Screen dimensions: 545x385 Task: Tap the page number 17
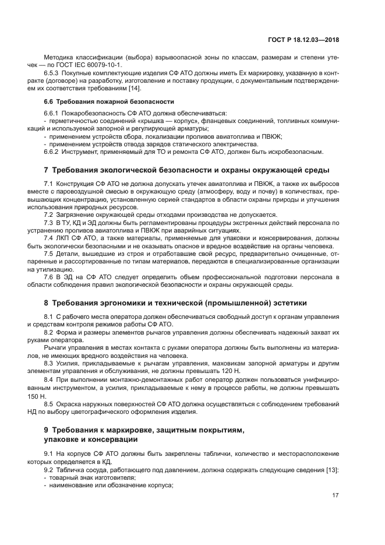point(335,495)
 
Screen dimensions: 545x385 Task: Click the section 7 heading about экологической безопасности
point(186,170)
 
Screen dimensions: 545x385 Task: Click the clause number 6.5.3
point(52,73)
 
